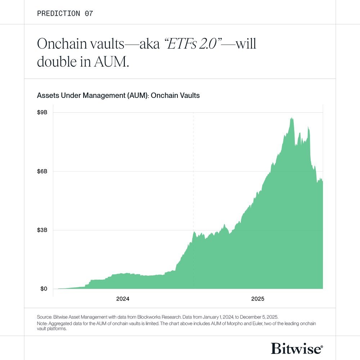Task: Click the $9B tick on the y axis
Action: coord(42,112)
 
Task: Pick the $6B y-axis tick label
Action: coord(42,171)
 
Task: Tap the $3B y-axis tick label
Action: coord(42,230)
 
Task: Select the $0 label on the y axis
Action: coord(43,289)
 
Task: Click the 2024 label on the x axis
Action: coord(123,299)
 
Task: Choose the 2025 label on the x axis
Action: coord(258,299)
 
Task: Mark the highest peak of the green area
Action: coord(292,118)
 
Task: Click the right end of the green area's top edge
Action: coord(322,181)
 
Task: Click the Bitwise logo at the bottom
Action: coord(297,348)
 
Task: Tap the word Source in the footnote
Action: coord(45,317)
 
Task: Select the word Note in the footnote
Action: coord(42,324)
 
